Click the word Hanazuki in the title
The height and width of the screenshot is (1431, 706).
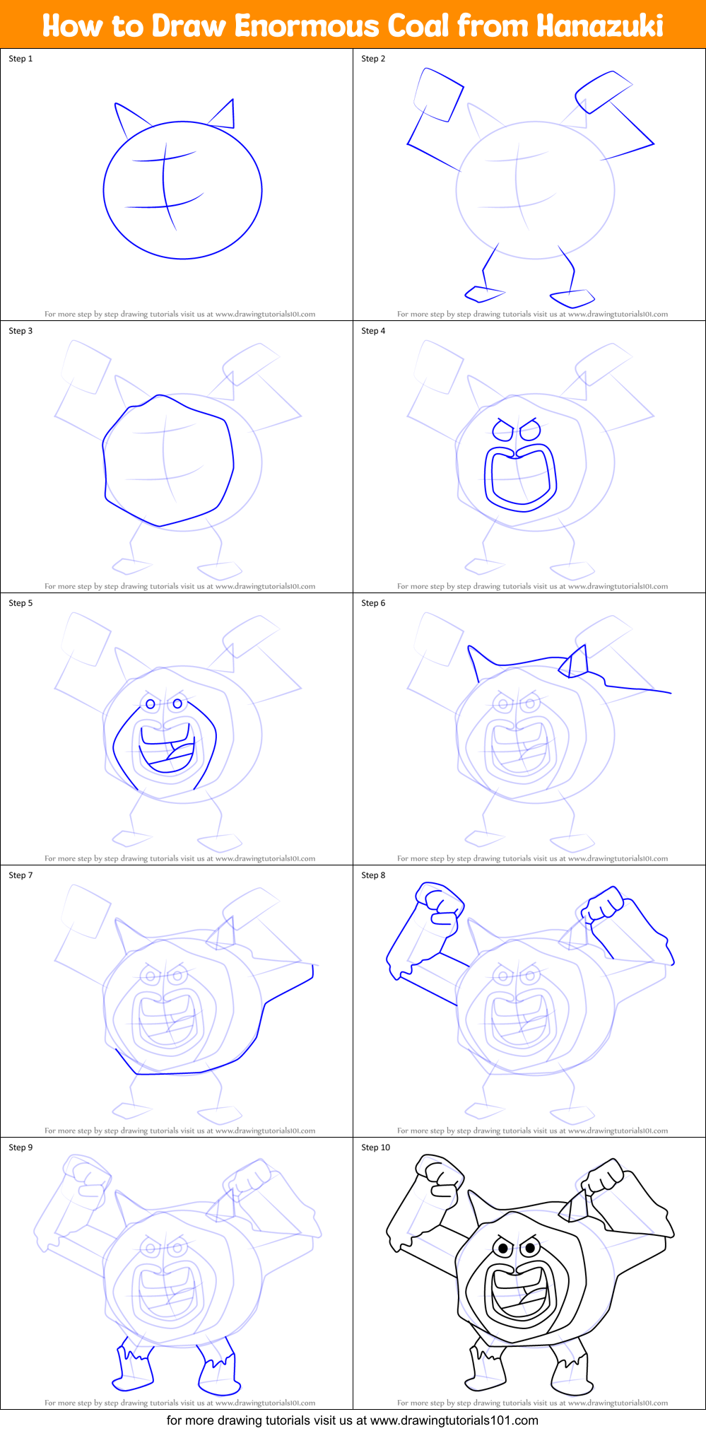(599, 26)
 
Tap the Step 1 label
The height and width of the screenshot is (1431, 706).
(20, 59)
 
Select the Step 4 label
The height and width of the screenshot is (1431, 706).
(373, 331)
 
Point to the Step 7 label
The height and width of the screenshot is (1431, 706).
(20, 875)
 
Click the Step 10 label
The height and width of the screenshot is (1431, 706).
(375, 1147)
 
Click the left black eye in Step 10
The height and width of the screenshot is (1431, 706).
(503, 1249)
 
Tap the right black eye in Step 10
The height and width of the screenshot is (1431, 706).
(529, 1249)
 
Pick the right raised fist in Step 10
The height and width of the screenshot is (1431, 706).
(604, 1177)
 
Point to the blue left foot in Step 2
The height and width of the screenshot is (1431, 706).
(483, 292)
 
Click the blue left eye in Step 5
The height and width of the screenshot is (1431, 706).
(150, 704)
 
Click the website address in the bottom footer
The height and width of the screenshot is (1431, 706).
(454, 1420)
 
